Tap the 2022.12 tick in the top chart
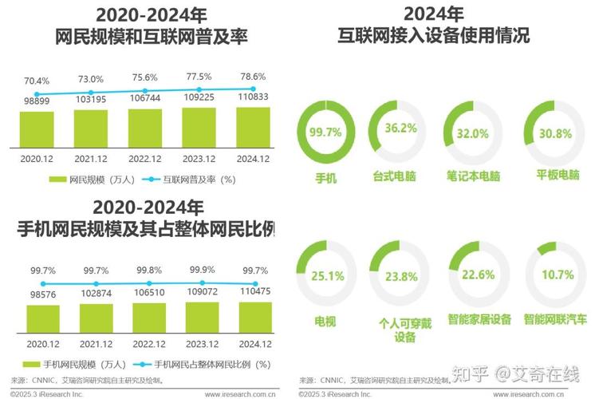click(146, 158)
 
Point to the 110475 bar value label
click(255, 293)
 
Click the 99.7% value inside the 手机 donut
click(325, 132)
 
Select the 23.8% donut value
click(400, 277)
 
